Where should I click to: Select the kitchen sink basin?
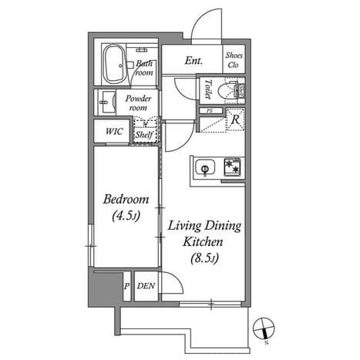(x=205, y=167)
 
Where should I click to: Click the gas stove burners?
(x=232, y=167)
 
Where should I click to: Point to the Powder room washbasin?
(x=106, y=103)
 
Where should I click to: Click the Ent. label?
(x=193, y=61)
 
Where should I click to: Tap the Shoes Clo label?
(x=234, y=60)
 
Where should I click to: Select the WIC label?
(x=114, y=131)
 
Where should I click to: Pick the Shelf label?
(x=144, y=134)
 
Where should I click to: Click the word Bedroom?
(x=126, y=200)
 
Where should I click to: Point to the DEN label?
(x=146, y=286)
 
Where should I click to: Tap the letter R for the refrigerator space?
(x=235, y=119)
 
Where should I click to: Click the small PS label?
(x=210, y=111)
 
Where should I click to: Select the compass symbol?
(x=264, y=328)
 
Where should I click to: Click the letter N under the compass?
(x=267, y=342)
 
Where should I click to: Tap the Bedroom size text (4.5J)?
(x=126, y=216)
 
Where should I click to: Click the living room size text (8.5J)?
(x=204, y=258)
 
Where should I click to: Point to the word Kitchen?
(x=203, y=242)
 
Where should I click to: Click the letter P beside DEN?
(x=126, y=286)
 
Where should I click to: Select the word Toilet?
(x=208, y=89)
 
